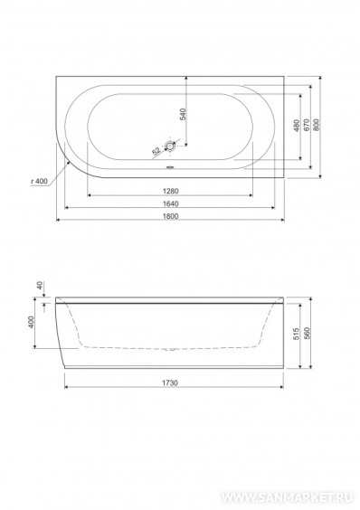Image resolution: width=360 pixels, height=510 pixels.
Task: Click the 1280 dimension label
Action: [x=171, y=191]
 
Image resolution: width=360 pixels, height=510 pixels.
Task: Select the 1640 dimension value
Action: [x=171, y=203]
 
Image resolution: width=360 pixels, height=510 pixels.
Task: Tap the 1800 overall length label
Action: [x=171, y=216]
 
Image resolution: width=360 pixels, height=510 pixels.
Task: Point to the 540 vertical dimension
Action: [x=183, y=115]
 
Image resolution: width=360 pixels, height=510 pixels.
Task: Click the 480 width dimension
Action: [x=296, y=126]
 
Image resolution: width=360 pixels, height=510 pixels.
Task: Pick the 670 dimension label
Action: [x=306, y=125]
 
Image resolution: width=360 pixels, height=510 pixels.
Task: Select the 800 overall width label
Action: [x=316, y=125]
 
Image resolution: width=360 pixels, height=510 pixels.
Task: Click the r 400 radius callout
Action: [x=39, y=181]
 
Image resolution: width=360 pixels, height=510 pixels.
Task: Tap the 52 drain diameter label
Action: [x=156, y=151]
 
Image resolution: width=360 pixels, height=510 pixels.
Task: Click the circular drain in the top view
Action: [x=170, y=146]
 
